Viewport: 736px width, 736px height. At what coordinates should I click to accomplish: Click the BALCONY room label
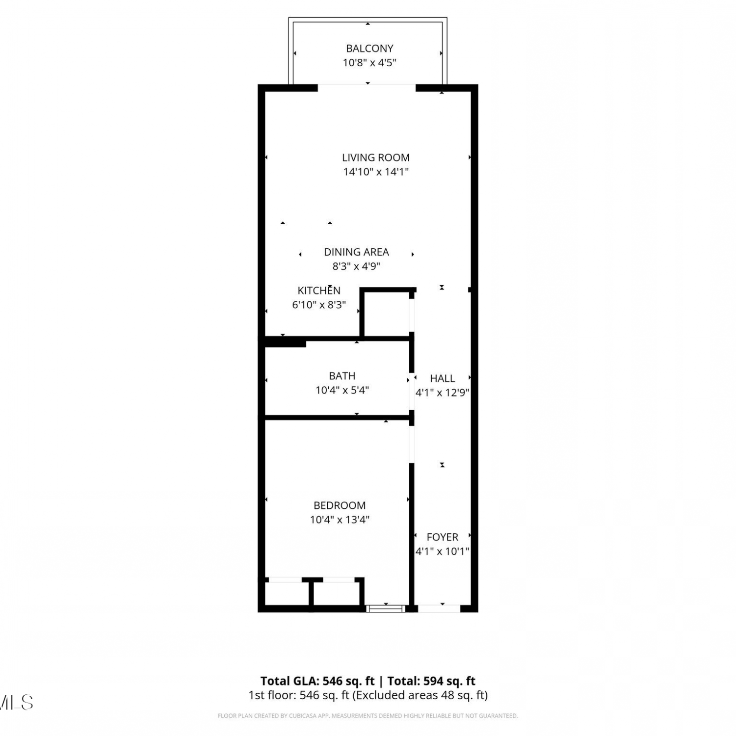[369, 48]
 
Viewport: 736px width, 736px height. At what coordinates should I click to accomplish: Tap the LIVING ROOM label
[376, 158]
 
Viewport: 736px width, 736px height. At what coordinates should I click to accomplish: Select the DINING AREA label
[356, 252]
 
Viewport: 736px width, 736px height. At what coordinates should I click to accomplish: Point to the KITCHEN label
[319, 290]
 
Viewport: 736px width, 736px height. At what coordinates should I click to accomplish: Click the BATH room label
[342, 376]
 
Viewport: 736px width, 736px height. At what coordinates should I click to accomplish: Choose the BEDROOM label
[340, 505]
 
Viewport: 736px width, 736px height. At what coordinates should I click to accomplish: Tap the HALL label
[442, 378]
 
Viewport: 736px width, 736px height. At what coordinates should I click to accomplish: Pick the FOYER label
[442, 537]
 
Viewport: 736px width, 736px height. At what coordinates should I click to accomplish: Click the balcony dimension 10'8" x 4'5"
[369, 62]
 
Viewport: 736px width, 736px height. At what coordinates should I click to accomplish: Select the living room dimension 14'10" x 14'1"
[376, 172]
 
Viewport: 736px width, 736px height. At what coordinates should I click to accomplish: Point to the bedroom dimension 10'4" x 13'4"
[340, 520]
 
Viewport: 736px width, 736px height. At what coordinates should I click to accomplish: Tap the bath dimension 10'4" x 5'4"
[342, 390]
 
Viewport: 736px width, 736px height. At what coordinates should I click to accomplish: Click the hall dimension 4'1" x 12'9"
[442, 393]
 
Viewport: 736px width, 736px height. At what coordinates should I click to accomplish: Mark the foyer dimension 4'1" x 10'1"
[442, 552]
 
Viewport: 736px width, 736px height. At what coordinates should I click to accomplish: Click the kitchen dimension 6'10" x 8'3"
[319, 305]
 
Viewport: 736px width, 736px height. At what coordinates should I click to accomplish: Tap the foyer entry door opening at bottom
[439, 609]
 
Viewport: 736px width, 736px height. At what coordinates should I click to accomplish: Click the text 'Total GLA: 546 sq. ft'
[317, 681]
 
